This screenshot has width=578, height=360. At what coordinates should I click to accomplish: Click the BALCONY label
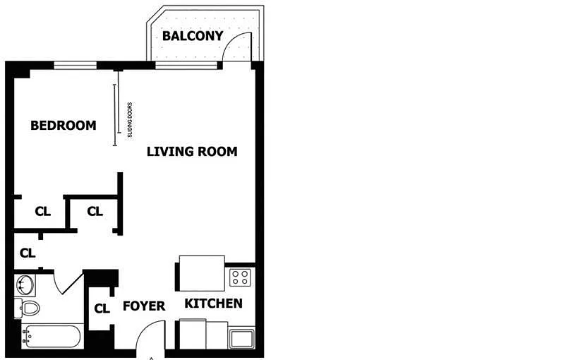point(193,36)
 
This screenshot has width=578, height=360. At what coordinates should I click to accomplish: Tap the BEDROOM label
point(63,126)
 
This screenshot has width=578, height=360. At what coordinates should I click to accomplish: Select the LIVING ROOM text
point(192,152)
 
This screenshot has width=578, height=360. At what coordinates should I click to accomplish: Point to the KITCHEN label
point(213,304)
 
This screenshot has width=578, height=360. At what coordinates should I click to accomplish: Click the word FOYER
point(144,306)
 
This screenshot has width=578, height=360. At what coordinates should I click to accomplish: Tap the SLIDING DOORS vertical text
point(130,120)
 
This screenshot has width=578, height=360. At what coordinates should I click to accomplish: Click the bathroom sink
point(25,285)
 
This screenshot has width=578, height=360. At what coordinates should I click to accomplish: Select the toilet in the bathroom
point(28,308)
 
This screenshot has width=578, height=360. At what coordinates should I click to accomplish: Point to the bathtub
point(51,336)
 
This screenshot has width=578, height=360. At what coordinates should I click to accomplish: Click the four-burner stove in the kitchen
point(240,277)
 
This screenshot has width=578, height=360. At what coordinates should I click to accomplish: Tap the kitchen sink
point(241,339)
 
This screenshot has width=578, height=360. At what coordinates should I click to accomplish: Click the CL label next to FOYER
point(102,308)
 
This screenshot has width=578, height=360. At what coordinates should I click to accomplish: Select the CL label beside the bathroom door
point(28,253)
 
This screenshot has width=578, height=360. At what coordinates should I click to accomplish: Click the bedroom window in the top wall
point(76,66)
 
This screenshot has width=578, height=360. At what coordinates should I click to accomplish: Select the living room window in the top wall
point(186,66)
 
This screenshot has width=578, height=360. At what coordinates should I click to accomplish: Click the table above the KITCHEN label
point(202,273)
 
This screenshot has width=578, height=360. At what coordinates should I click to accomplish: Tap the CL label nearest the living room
point(95,211)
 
